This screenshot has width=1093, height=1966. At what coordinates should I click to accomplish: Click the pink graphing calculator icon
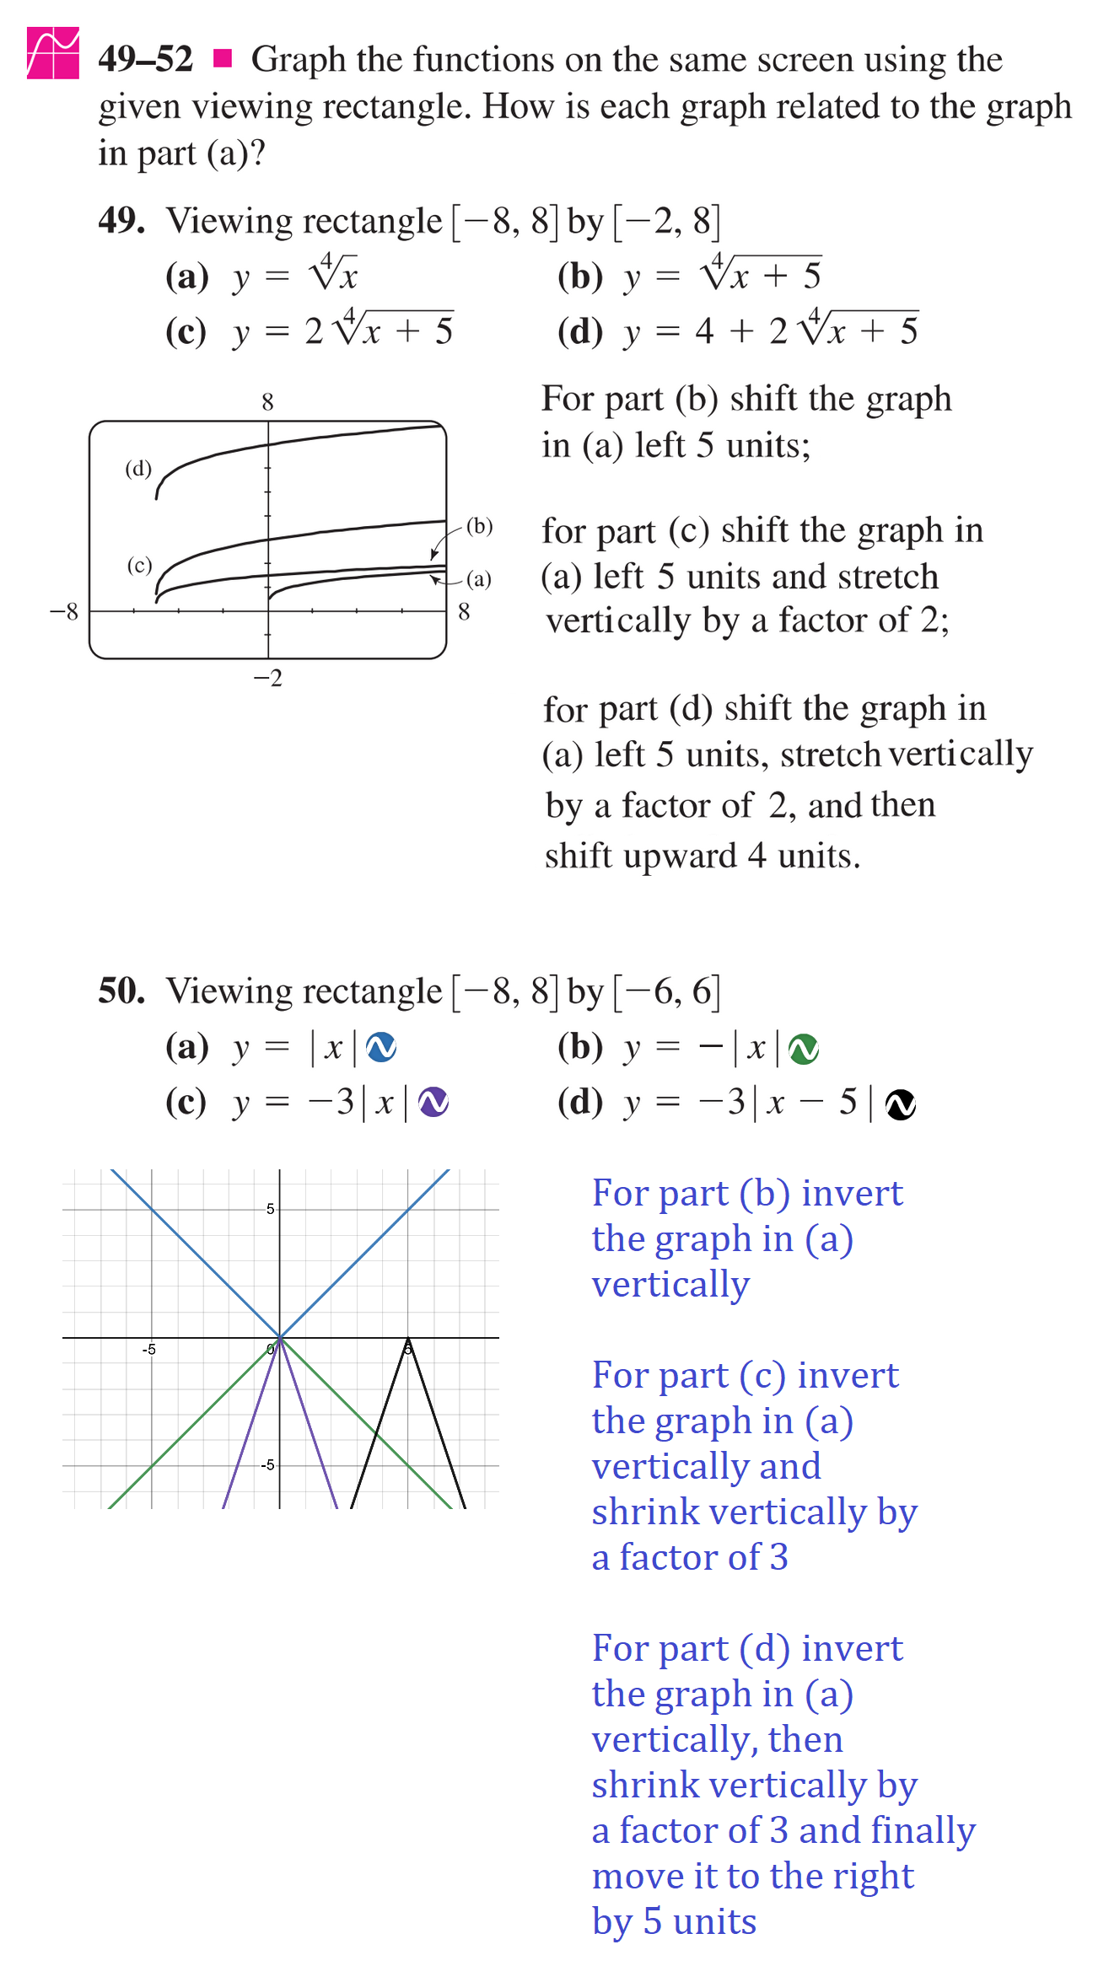53,53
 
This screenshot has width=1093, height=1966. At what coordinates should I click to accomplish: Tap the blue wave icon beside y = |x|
381,1047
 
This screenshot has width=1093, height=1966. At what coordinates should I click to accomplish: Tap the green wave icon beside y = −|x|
803,1049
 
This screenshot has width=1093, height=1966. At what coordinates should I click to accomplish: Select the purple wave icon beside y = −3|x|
433,1102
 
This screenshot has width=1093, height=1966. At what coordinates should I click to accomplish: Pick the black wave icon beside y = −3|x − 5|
901,1104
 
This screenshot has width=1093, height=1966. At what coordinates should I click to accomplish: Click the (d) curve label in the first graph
138,469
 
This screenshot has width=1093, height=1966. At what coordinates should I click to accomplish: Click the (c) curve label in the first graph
139,565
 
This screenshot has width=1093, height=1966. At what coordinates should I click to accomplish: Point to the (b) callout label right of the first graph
479,526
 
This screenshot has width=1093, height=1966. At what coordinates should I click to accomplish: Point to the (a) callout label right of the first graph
478,579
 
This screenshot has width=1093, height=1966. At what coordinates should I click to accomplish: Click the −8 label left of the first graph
63,611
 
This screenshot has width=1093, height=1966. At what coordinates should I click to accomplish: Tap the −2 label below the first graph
268,678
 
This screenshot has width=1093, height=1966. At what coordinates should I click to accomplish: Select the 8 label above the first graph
267,402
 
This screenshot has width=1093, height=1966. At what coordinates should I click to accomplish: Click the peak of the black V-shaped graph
408,1338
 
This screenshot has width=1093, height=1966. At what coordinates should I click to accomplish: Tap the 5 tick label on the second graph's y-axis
270,1209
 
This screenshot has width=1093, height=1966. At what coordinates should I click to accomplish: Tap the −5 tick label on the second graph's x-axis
148,1350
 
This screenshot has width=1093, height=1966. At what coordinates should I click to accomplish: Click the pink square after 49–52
223,58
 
